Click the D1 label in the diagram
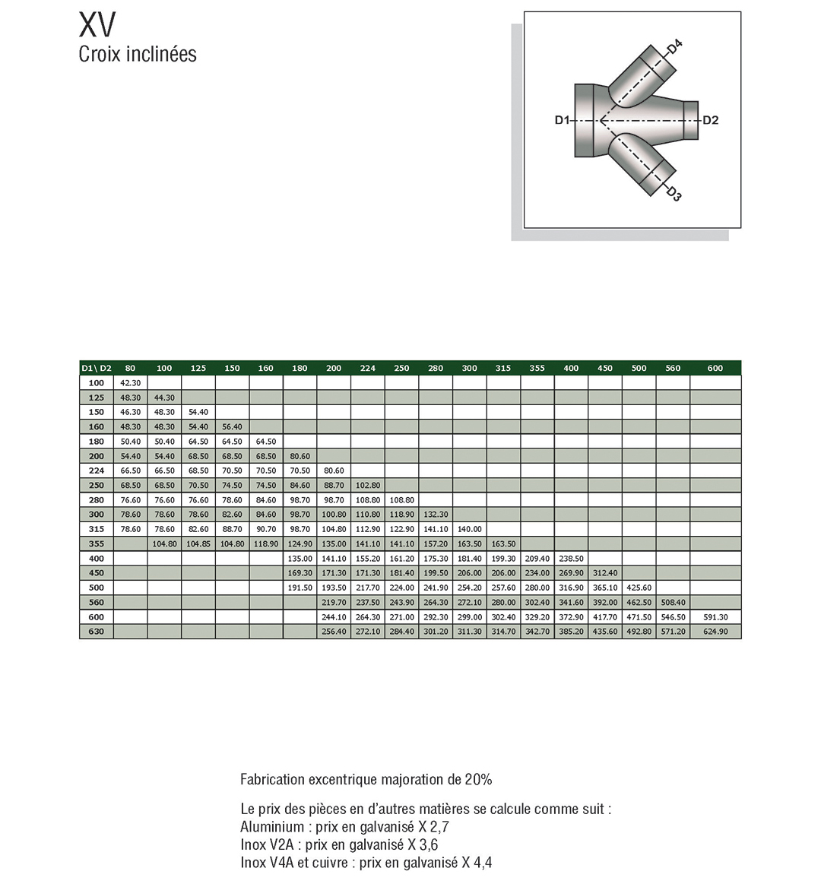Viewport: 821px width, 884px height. point(562,120)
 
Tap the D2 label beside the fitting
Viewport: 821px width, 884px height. point(710,120)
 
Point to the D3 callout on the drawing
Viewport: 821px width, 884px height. point(674,194)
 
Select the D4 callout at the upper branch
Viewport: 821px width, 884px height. point(674,48)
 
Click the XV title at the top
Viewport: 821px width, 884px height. point(97,25)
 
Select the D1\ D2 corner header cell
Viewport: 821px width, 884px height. point(97,369)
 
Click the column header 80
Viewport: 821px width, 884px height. point(130,369)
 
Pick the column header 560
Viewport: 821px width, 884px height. point(673,369)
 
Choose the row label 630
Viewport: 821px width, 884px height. point(96,632)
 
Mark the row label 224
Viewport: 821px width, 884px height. point(96,471)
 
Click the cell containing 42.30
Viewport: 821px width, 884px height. point(130,383)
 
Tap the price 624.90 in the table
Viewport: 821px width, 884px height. point(715,632)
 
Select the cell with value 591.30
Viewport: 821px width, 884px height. point(715,617)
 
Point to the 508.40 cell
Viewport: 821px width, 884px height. point(673,603)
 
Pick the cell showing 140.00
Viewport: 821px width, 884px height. point(470,529)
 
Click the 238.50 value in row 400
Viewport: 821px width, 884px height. point(571,559)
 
